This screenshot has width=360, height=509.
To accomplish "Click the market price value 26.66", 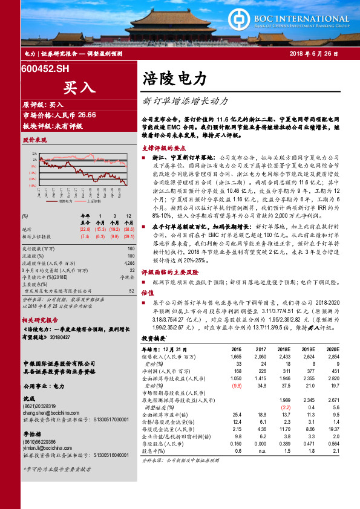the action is tap(87, 114).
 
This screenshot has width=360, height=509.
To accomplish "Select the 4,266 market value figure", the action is tap(128, 263).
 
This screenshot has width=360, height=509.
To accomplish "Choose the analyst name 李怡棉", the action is tap(31, 435).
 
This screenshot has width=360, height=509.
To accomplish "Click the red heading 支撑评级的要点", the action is tap(167, 147).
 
